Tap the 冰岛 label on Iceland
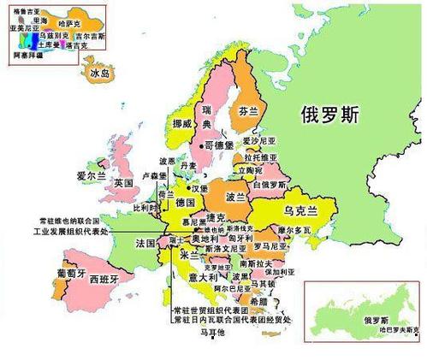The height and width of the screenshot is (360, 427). [x=99, y=74]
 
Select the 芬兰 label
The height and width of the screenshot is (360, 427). [x=247, y=112]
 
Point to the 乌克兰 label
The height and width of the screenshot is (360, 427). [x=300, y=210]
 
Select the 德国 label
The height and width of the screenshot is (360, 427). [x=185, y=203]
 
